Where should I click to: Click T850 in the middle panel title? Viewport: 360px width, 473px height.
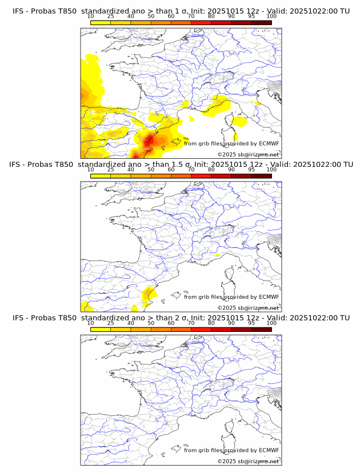(x=66, y=165)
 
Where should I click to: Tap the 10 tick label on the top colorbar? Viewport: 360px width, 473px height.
(x=91, y=17)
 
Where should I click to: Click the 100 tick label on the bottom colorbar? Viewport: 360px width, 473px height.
(x=271, y=323)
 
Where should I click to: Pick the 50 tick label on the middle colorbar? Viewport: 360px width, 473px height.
(x=151, y=170)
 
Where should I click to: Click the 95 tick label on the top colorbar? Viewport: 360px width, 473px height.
(x=251, y=17)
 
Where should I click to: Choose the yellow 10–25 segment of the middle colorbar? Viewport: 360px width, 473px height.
(x=101, y=176)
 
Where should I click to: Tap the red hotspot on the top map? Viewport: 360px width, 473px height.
(x=151, y=138)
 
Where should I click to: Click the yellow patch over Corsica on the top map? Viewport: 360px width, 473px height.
(x=239, y=121)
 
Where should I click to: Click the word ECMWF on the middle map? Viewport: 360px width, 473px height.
(x=269, y=297)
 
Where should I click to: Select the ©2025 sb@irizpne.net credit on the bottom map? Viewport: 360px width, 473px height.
(x=248, y=461)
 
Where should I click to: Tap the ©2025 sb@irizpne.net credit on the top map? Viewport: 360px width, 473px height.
(x=248, y=155)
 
